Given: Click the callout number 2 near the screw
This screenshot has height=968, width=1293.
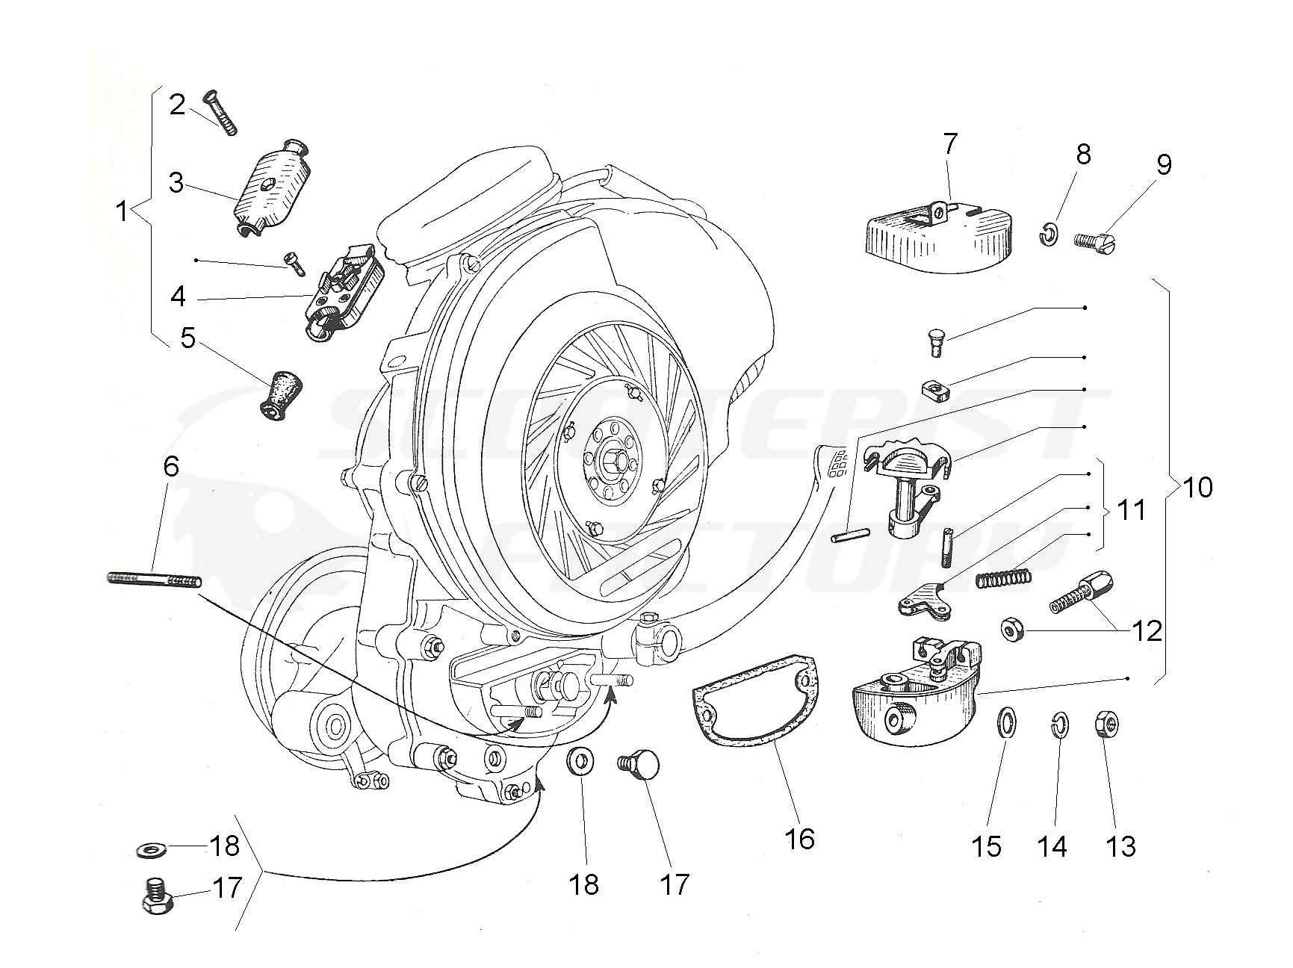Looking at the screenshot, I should pos(176,105).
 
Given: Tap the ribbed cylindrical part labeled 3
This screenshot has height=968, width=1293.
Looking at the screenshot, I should pos(267,189).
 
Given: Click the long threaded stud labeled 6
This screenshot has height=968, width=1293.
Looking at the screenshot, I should pos(153,579).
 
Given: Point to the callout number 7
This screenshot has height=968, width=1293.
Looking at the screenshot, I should pos(949,143).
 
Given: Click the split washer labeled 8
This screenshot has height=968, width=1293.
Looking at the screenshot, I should pos(1048,235).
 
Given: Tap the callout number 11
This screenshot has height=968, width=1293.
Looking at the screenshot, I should pos(1129,511).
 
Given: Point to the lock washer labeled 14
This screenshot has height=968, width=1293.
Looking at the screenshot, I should pos(1058,725).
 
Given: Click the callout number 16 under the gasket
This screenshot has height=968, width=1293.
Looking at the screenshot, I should pos(799,838).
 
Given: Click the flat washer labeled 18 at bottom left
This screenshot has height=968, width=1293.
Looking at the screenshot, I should pos(155,850).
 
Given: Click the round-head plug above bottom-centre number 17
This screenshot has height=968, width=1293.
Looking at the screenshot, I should pos(639,765).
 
